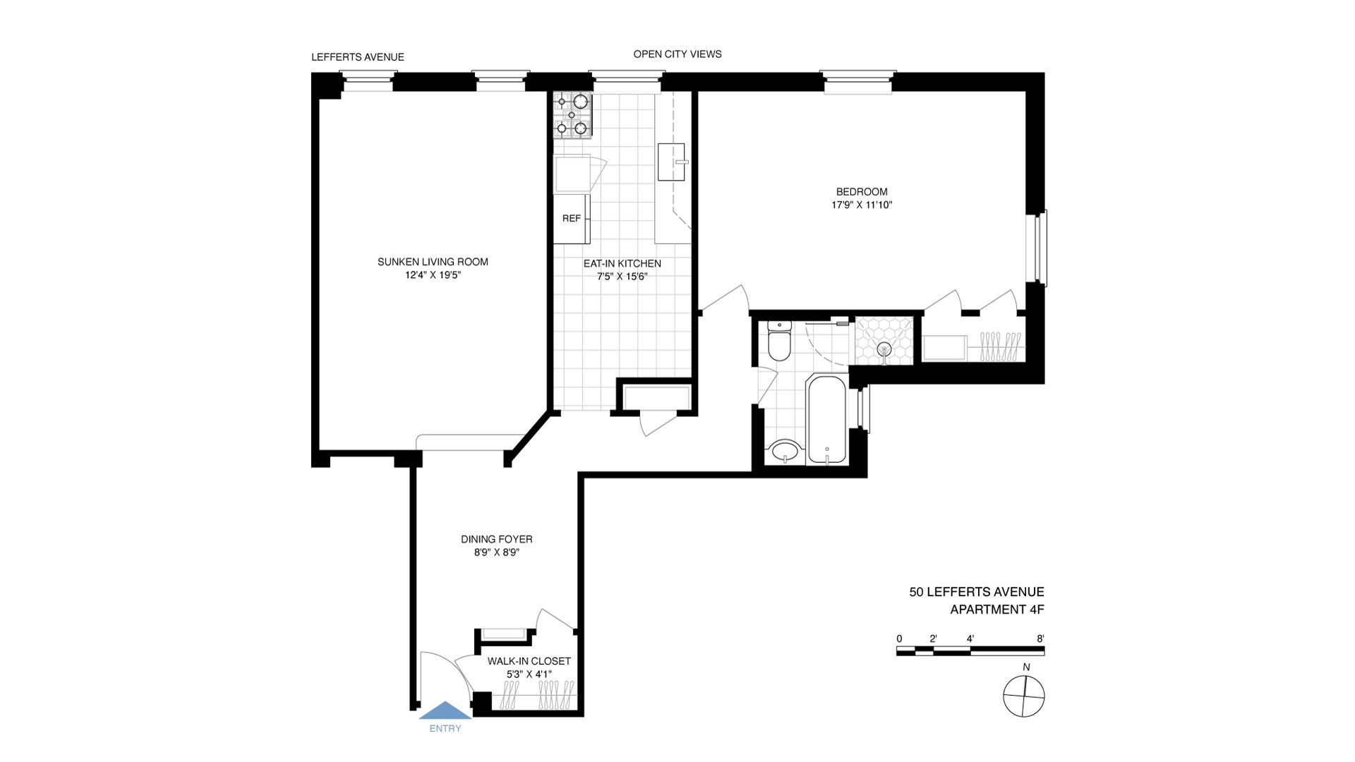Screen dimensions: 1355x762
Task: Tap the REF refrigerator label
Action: pos(572,219)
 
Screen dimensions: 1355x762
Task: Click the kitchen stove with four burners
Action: pos(572,114)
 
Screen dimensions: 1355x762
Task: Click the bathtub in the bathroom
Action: pos(828,419)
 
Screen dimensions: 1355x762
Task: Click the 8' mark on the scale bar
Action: pos(1040,639)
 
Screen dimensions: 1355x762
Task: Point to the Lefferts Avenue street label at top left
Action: pos(358,57)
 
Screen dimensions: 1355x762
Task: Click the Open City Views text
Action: pos(677,54)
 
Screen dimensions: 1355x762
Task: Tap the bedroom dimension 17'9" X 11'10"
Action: pos(862,205)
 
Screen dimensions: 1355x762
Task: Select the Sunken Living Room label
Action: pos(433,262)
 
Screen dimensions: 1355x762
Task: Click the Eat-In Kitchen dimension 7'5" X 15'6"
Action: pos(622,277)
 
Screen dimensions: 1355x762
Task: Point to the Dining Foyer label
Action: pos(497,539)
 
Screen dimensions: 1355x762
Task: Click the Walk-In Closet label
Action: pos(529,661)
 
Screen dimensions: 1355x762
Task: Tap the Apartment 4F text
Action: pos(996,610)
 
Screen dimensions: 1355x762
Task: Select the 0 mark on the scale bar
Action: pos(899,639)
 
